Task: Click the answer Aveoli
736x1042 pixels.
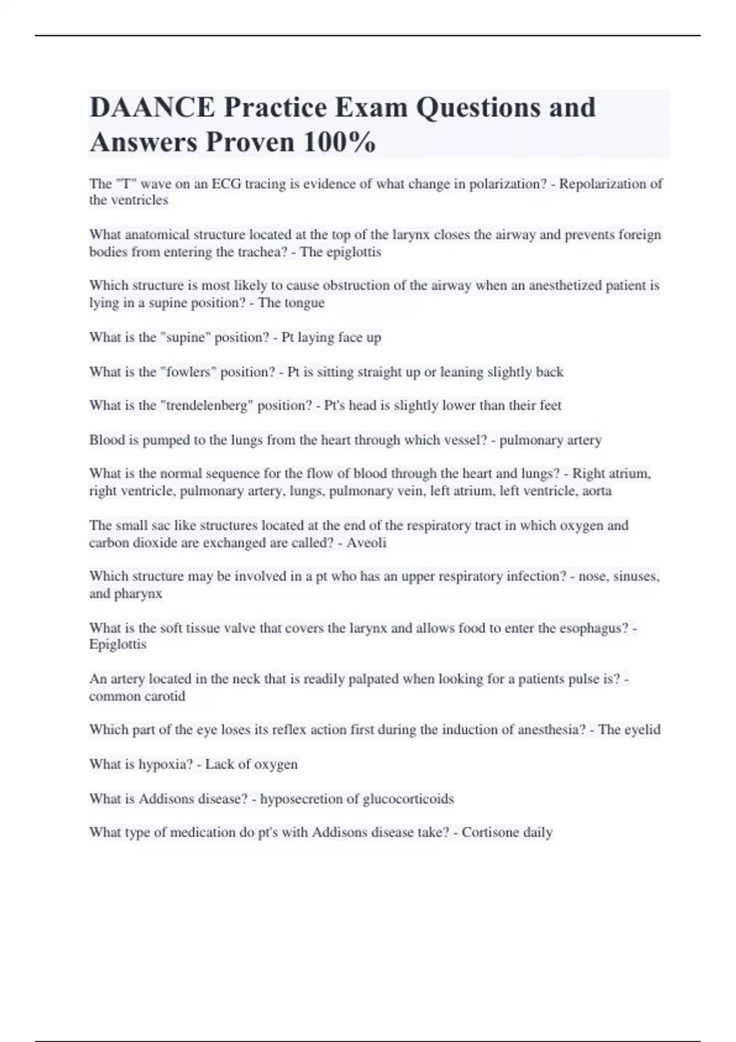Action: click(366, 542)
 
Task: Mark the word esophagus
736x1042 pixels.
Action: click(593, 628)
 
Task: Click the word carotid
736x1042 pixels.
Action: click(163, 696)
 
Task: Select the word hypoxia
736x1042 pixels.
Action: click(166, 764)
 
